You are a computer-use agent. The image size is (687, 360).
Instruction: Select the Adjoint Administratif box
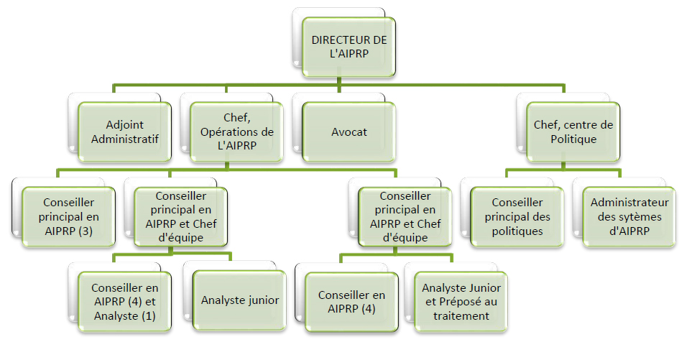[125, 131]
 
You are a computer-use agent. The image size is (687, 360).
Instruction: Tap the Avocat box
[349, 131]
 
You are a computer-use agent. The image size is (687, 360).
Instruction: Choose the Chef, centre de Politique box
[573, 131]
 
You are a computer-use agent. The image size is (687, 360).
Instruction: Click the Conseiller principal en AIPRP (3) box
[68, 216]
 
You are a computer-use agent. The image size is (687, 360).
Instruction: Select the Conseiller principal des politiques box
[517, 216]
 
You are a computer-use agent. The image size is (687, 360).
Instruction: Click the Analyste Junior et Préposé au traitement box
[461, 300]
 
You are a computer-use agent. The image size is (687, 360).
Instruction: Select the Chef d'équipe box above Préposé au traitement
[405, 216]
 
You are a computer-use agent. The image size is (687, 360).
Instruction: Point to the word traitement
[461, 315]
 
